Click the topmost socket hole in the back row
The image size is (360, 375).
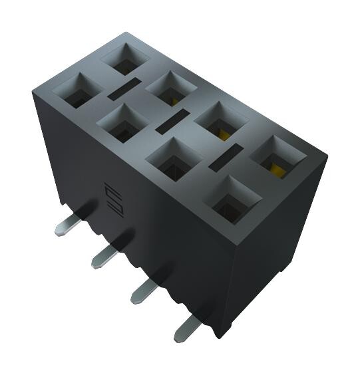click(x=123, y=59)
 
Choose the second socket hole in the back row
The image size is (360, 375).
click(x=170, y=88)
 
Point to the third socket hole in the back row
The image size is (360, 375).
click(x=221, y=122)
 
